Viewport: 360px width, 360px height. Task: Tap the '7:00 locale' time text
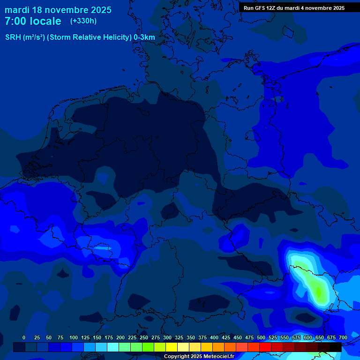click(33, 22)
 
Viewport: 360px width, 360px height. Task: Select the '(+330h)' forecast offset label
click(83, 21)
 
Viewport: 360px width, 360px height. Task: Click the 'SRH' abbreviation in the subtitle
click(13, 37)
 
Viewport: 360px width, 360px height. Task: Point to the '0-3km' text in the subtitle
click(144, 37)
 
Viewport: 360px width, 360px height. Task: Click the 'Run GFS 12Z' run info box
click(294, 8)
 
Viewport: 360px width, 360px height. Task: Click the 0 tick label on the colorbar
click(24, 337)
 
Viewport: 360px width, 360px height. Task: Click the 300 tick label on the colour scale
click(167, 337)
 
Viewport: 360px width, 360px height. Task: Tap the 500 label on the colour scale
click(261, 337)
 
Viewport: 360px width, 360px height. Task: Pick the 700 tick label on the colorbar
click(343, 337)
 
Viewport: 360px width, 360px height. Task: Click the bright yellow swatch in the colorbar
click(172, 347)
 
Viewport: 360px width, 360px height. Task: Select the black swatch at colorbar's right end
click(336, 347)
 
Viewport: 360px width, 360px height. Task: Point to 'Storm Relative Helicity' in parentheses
click(89, 37)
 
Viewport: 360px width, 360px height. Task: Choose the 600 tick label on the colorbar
click(308, 337)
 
